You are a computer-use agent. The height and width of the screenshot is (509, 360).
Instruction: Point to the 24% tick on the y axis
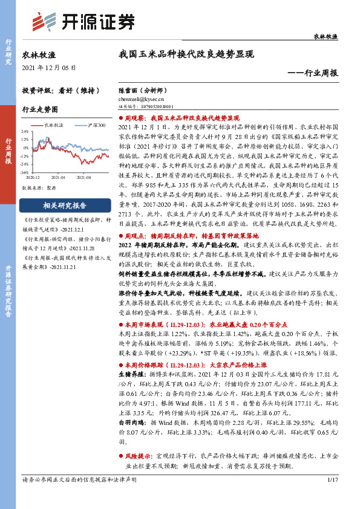tap(25, 131)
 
